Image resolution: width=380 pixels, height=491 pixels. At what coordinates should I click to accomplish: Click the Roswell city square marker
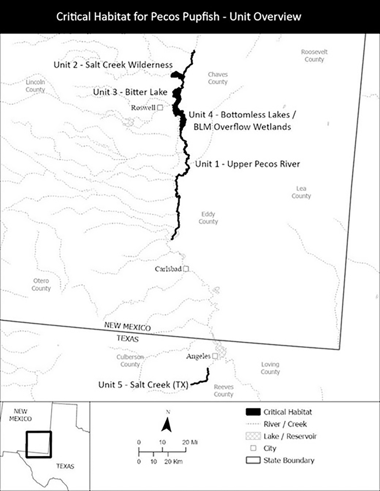pyautogui.click(x=160, y=108)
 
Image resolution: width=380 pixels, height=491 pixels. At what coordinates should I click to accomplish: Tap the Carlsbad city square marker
pyautogui.click(x=186, y=269)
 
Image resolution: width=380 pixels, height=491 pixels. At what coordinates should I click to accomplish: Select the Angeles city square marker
pyautogui.click(x=215, y=356)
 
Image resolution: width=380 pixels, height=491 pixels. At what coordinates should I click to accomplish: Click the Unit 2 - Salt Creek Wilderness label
pyautogui.click(x=113, y=65)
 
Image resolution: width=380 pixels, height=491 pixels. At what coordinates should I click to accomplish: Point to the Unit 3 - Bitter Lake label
pyautogui.click(x=130, y=92)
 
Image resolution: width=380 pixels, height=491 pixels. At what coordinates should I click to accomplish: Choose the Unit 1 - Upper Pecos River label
pyautogui.click(x=247, y=164)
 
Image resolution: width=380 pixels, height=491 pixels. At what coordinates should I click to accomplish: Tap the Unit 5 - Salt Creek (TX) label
pyautogui.click(x=143, y=385)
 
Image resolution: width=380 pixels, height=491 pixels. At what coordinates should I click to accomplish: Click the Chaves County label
pyautogui.click(x=218, y=78)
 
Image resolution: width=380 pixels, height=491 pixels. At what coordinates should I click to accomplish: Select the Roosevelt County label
pyautogui.click(x=314, y=55)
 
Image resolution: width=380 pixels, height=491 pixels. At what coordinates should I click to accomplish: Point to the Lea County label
pyautogui.click(x=301, y=192)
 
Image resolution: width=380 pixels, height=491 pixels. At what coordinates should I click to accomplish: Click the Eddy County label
pyautogui.click(x=208, y=218)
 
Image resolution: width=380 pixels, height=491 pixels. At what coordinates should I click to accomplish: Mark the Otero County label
pyautogui.click(x=41, y=284)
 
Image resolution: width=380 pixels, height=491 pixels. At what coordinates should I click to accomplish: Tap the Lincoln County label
pyautogui.click(x=35, y=86)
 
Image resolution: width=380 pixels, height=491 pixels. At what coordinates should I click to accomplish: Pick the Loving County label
pyautogui.click(x=270, y=368)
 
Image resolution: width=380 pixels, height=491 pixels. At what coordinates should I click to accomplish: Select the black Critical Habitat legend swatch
pyautogui.click(x=253, y=412)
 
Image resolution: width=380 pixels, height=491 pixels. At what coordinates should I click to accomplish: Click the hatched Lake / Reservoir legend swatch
pyautogui.click(x=253, y=436)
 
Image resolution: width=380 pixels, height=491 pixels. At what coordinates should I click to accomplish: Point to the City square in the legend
pyautogui.click(x=253, y=448)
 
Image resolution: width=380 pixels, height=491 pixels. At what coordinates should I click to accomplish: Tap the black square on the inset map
pyautogui.click(x=39, y=444)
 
